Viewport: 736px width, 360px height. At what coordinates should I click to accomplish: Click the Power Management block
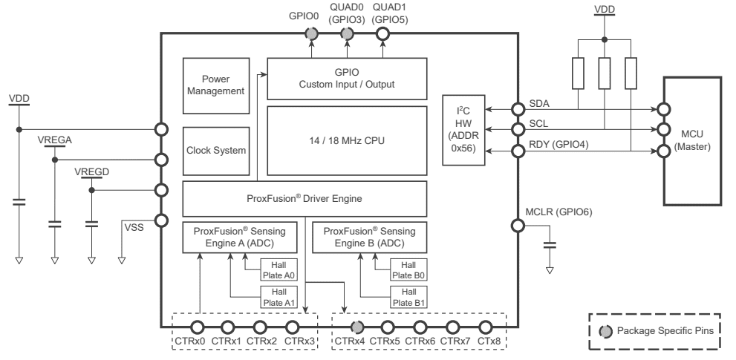pos(215,84)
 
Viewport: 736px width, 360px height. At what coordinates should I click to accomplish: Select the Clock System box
pos(215,149)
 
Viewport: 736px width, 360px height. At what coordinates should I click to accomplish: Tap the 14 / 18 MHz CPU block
pos(346,139)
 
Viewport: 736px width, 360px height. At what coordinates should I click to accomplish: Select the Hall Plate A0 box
pos(279,269)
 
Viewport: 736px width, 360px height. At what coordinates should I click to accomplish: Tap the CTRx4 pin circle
pos(356,327)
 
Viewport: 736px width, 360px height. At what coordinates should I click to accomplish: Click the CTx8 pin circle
pos(486,327)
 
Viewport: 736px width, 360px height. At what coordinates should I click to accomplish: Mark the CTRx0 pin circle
pos(198,327)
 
